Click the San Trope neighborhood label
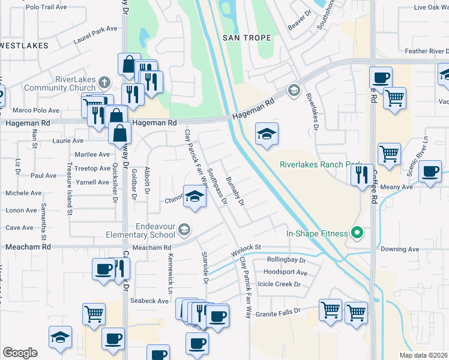[x=247, y=38]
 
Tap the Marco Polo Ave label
[x=36, y=110]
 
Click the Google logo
[x=20, y=352]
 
